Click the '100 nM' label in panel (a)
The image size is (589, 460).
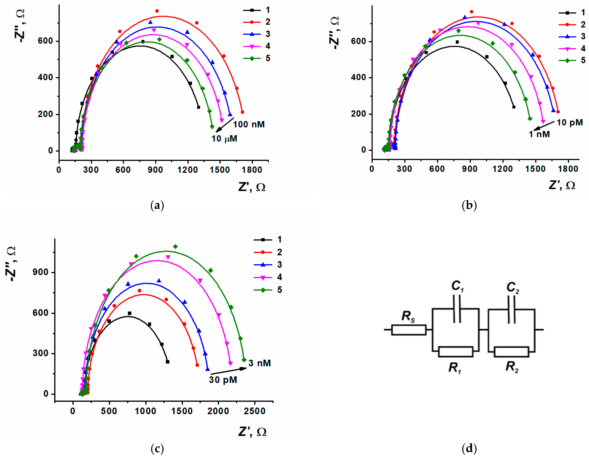(x=249, y=124)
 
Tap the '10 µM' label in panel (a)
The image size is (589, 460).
(x=224, y=139)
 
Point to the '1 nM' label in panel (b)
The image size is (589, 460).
(x=539, y=134)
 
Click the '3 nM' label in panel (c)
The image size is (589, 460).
(x=259, y=363)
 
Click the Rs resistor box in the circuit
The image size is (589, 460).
(x=409, y=330)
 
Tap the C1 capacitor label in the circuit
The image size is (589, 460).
(x=457, y=286)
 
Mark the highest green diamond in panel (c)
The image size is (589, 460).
(x=175, y=246)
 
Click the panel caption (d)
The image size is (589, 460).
(x=469, y=448)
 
